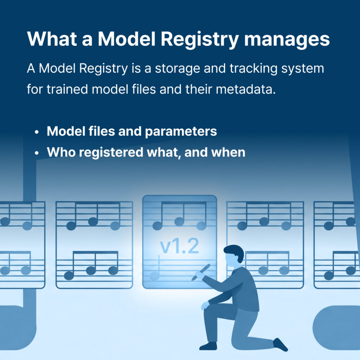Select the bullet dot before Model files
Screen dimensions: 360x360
coord(37,132)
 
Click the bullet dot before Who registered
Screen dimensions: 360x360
coord(37,153)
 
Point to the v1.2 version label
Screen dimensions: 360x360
coord(179,247)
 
